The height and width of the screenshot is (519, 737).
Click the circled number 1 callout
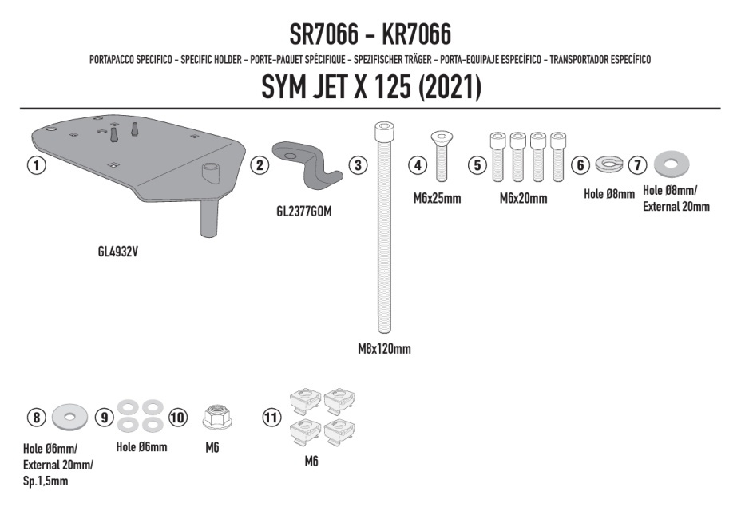(36, 166)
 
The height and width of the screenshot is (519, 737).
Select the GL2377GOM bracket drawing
(306, 161)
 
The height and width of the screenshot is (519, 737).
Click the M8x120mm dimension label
(384, 349)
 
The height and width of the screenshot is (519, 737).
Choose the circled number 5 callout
(477, 165)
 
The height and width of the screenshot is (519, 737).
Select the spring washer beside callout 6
(609, 165)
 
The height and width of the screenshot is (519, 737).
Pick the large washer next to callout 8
(71, 417)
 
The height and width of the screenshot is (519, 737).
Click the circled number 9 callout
(104, 417)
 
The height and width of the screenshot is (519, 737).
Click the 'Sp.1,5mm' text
(46, 482)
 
